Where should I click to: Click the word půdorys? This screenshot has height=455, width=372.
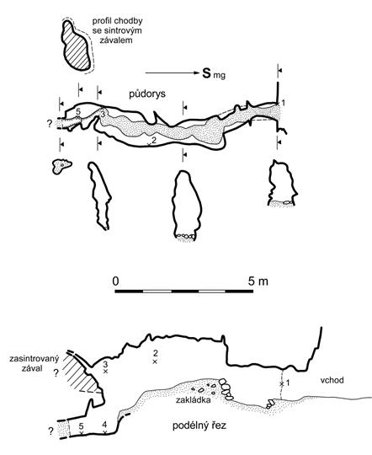147,94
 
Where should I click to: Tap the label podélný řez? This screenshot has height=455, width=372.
199,426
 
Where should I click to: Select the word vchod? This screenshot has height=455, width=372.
332,380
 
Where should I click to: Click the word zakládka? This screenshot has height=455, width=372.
194,400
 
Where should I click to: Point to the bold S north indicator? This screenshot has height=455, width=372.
206,73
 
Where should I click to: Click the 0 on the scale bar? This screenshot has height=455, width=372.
115,281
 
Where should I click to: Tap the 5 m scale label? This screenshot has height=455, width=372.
258,281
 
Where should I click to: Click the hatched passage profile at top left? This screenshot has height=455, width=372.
76,45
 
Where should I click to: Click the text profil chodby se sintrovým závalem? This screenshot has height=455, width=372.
117,30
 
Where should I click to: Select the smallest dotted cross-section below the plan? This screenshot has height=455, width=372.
61,166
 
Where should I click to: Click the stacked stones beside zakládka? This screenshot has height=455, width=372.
226,388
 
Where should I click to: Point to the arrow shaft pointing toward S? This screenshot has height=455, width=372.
172,73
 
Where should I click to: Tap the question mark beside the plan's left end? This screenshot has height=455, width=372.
49,124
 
